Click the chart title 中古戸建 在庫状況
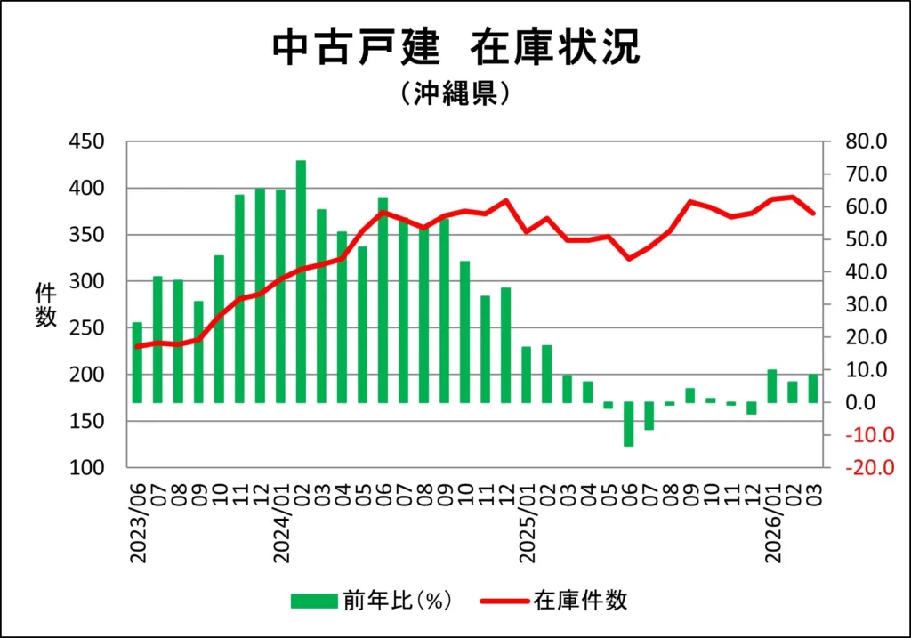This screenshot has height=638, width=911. click(455, 48)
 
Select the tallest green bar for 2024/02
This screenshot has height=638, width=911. click(301, 281)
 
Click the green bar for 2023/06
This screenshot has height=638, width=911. click(137, 362)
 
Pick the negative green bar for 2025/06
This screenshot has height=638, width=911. click(628, 424)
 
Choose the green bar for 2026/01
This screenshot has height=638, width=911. click(772, 386)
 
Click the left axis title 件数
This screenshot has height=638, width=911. click(45, 304)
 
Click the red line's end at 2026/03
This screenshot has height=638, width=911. click(812, 214)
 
